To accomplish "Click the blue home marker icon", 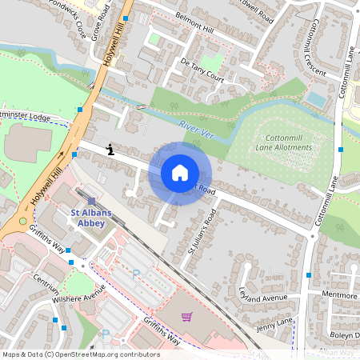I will tap(180, 173).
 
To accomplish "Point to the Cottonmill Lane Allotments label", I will tap(291, 142).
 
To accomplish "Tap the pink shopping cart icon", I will tap(186, 317).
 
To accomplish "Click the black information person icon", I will tap(110, 149).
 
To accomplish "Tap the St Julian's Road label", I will tap(202, 232).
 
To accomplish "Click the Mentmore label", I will tap(338, 295).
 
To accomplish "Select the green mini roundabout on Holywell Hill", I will tap(22, 221).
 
